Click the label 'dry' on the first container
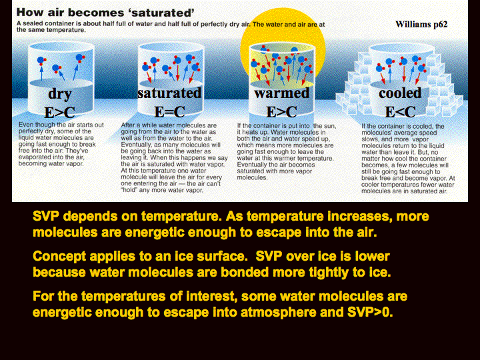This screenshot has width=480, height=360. [x=60, y=94]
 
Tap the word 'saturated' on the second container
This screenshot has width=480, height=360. [x=169, y=93]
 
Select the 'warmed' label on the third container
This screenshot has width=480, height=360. [x=281, y=93]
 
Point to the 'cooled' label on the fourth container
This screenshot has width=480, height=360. [x=400, y=93]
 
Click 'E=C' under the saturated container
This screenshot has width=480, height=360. [x=169, y=112]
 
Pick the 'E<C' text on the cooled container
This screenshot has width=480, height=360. [x=400, y=112]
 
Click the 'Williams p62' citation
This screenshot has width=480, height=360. [x=421, y=24]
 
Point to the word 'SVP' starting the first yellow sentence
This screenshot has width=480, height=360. [x=46, y=216]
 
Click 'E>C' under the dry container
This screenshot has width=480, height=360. [x=60, y=113]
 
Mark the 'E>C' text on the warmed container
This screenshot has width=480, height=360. [x=281, y=112]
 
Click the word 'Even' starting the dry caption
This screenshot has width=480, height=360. [x=26, y=125]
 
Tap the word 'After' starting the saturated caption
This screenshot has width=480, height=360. [x=127, y=125]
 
